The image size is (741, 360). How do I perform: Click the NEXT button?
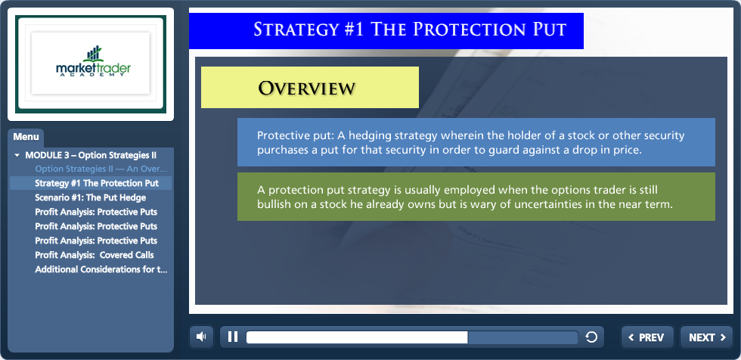pos(706,337)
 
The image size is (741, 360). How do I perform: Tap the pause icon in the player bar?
pos(233,337)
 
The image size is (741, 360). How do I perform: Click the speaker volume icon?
pos(201,337)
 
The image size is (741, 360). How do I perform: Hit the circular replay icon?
pos(591,337)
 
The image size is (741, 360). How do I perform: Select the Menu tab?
pos(26,138)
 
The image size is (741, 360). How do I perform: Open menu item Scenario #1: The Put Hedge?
pos(90,197)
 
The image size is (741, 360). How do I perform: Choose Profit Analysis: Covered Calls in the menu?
pos(95,255)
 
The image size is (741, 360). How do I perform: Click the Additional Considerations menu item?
pos(101,269)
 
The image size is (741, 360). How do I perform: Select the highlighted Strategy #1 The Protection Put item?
pos(97,183)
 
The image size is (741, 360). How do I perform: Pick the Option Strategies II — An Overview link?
pos(101,169)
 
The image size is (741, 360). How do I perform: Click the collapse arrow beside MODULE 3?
pos(17,155)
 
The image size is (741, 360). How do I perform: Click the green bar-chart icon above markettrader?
pos(94,54)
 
